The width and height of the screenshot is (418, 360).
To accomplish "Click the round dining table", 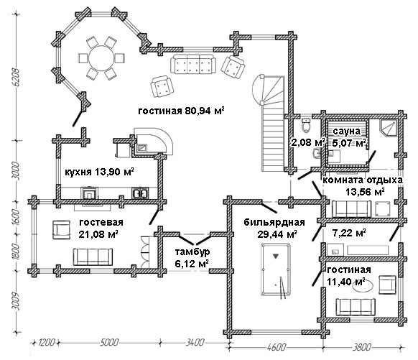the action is (101, 58).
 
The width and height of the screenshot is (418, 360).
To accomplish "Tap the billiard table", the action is (275, 269).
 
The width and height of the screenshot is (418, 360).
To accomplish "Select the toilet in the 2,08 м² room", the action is (306, 125).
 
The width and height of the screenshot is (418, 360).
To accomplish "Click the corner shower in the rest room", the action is (389, 127).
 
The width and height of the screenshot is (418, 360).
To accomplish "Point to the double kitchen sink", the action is (140, 193).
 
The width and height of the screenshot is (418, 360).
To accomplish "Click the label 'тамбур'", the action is (192, 251).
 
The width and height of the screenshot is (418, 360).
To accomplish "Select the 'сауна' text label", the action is (346, 131).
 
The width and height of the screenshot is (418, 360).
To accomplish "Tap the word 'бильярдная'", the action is (274, 222).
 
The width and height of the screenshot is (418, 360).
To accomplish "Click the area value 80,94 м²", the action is (205, 111).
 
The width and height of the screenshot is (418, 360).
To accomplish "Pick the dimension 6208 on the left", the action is (17, 78).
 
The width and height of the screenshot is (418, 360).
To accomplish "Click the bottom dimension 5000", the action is (109, 342).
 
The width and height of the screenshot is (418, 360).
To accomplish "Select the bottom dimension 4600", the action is (277, 347).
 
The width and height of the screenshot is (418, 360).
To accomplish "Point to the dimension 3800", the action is (362, 347).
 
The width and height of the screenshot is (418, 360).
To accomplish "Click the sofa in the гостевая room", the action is (93, 257).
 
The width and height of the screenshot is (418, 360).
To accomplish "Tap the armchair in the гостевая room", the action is (61, 230).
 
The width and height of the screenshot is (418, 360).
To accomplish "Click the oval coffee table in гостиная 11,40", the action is (363, 287).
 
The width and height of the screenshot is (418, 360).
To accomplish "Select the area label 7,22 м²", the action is (349, 233).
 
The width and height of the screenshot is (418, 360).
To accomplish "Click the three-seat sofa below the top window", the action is (193, 65).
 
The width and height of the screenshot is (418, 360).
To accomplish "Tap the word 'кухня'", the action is (78, 172).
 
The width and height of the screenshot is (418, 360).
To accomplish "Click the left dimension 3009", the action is (17, 302).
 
